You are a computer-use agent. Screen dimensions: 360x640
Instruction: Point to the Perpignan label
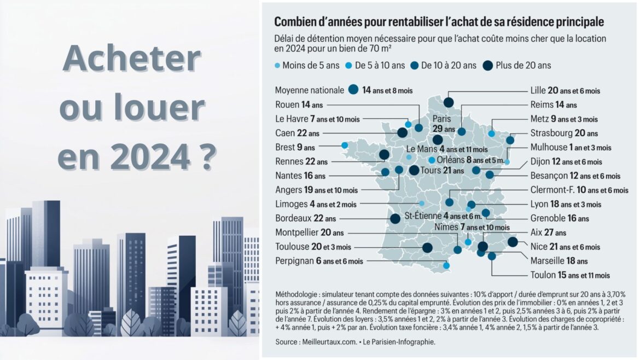coord(319,261)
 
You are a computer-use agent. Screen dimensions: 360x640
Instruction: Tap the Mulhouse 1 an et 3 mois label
coord(571,147)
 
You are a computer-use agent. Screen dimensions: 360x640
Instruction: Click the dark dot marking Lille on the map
coord(449,102)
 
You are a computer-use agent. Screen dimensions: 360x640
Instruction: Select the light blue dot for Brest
coord(345,145)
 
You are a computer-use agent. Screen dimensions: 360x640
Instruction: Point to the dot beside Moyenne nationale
coord(353,90)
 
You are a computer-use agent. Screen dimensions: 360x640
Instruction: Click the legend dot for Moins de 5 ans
coord(277,66)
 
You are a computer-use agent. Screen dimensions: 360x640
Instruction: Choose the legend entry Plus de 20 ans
coord(517,65)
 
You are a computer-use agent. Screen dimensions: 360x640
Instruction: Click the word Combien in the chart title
coord(298,22)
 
